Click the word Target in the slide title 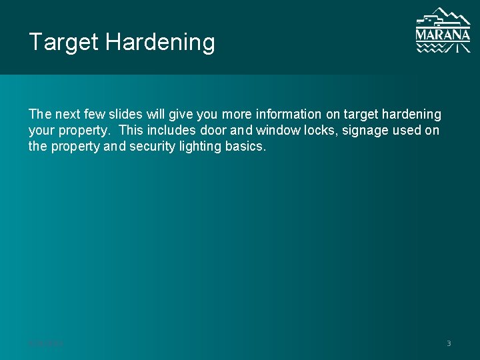tap(63, 43)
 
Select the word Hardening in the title tap(160, 43)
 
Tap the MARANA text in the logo tap(443, 34)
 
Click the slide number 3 tap(449, 343)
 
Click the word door tap(213, 131)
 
